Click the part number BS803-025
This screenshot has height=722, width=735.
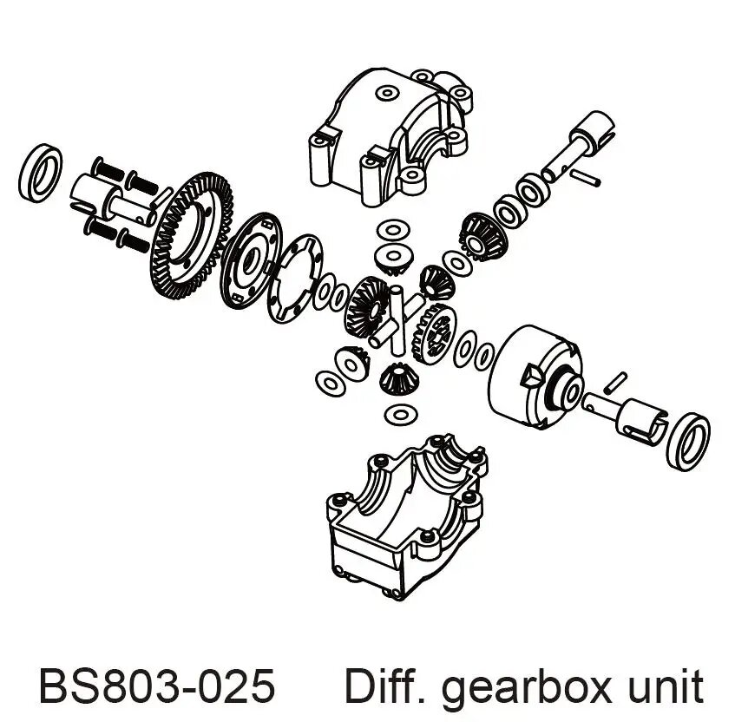tap(157, 686)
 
